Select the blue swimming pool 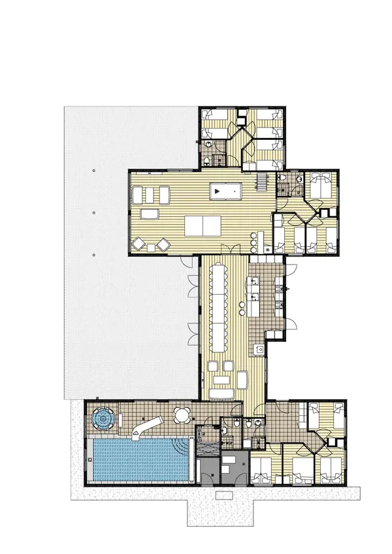(x=134, y=460)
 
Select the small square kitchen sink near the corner (x=259, y=350)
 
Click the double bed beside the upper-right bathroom (x=320, y=184)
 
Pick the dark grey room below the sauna (x=231, y=468)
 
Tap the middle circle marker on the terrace (x=95, y=212)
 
